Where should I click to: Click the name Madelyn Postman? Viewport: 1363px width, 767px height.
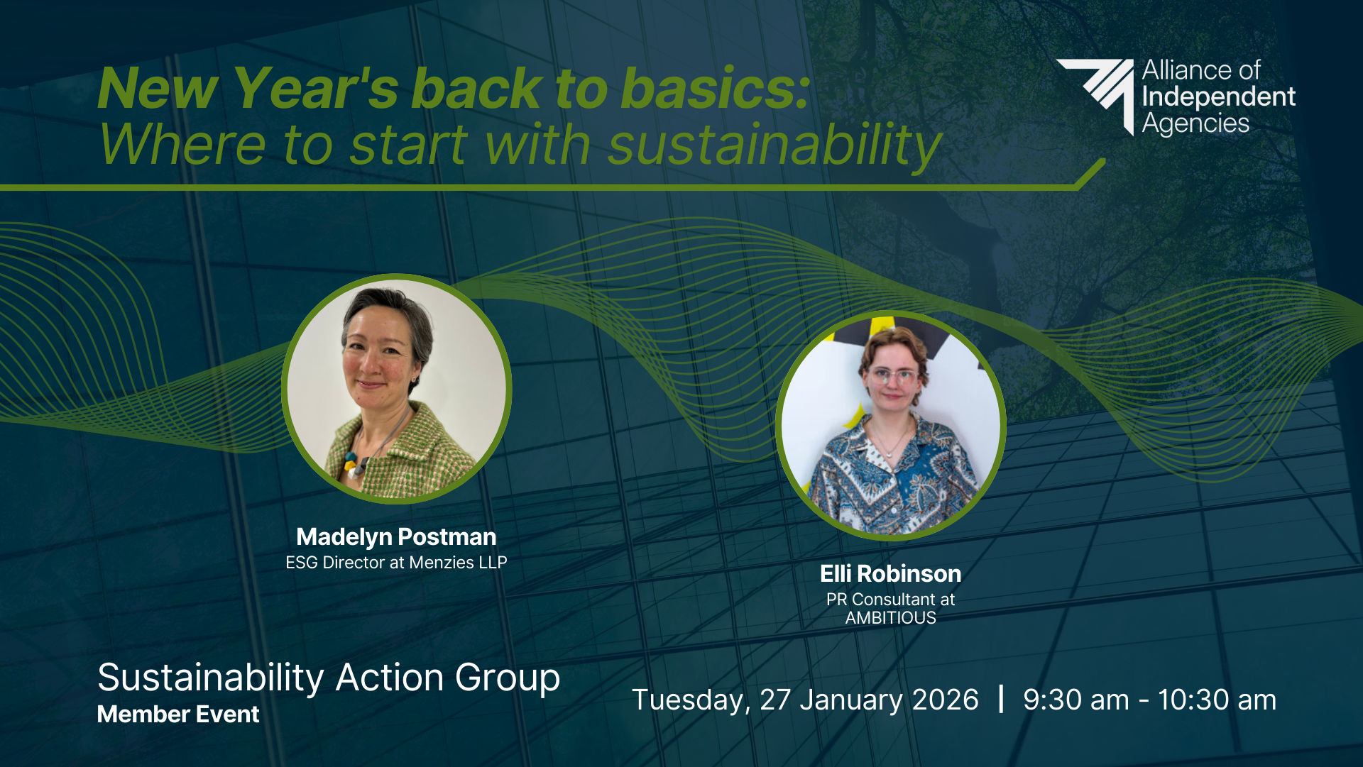396,537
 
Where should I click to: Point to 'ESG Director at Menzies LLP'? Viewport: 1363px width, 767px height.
396,563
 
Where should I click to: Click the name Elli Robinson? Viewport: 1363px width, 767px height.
891,573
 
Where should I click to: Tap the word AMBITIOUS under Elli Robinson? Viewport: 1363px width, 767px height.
891,618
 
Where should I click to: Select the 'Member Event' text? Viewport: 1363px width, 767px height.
178,714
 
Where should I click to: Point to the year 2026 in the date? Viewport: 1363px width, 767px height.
945,700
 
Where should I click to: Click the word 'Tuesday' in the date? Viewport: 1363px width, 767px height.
688,700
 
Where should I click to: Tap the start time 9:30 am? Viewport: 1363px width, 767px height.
1076,700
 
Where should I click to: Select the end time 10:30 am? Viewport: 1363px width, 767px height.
1217,700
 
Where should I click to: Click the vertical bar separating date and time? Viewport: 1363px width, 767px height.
1001,699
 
